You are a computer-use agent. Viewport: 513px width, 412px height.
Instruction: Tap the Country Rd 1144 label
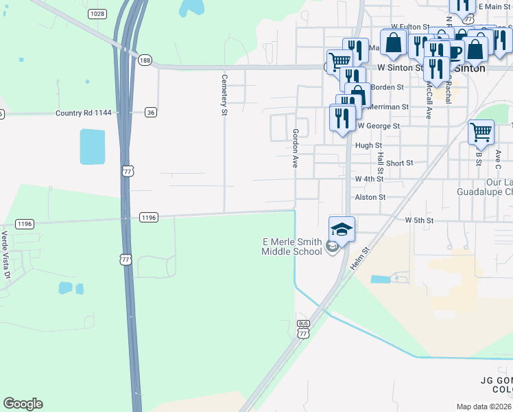83,113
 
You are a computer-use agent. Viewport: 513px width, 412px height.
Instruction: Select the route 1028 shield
97,14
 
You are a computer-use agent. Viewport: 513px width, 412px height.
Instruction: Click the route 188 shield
144,60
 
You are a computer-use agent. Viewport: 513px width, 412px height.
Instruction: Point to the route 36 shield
151,112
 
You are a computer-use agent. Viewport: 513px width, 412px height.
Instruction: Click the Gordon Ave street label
296,148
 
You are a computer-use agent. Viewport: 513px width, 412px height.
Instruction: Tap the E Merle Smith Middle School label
292,247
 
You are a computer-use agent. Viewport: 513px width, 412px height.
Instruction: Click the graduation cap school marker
342,229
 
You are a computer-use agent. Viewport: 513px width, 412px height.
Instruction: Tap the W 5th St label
420,220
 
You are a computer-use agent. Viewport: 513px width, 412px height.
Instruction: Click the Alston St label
370,197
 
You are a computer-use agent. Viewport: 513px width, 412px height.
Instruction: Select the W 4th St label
369,179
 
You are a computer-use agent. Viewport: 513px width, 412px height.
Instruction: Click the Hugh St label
368,146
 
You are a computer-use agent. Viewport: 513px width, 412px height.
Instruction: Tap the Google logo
23,404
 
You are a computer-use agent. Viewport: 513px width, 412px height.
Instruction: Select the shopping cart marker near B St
481,132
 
